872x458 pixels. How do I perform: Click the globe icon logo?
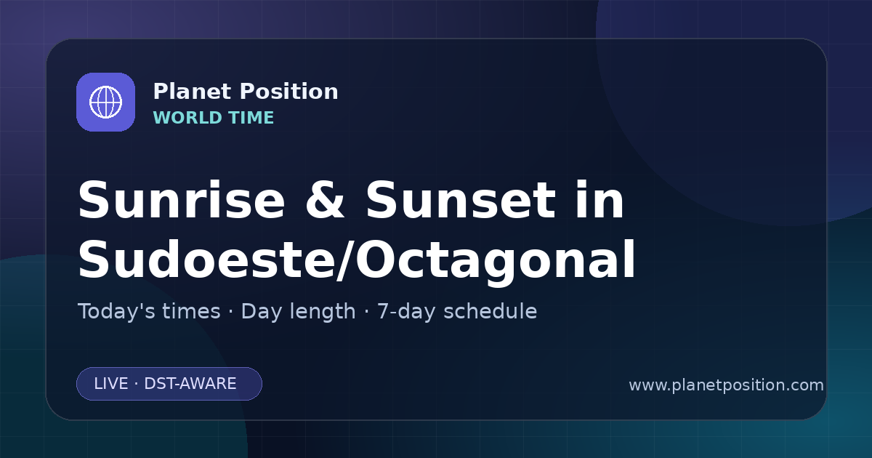[105, 102]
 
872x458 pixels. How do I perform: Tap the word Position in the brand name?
[289, 92]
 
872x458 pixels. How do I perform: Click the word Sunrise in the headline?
[182, 201]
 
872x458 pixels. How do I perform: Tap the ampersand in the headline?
[325, 201]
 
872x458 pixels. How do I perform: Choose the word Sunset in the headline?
[461, 201]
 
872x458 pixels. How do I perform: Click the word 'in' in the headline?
[600, 200]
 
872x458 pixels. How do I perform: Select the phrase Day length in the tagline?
[298, 312]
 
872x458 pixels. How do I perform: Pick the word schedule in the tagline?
[490, 311]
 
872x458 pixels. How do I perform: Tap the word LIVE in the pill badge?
[111, 384]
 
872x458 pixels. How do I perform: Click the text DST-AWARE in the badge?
[190, 384]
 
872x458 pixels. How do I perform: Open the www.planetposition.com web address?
[727, 385]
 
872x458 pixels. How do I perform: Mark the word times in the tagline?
[191, 312]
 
